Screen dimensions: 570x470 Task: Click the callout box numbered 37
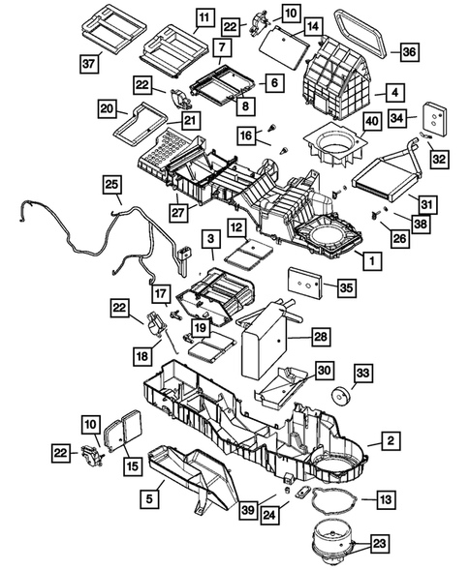coord(89,64)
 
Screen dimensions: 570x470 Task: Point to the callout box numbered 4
coord(396,93)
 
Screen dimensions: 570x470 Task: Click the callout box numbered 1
coord(366,260)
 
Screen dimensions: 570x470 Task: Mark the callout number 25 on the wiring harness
coord(112,184)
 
